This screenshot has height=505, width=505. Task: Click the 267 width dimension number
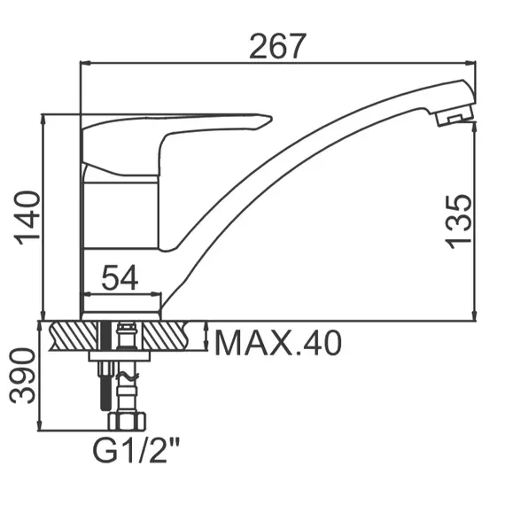pyautogui.click(x=277, y=46)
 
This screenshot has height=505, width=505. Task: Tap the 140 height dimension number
pyautogui.click(x=27, y=218)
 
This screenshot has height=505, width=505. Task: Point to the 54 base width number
pyautogui.click(x=120, y=277)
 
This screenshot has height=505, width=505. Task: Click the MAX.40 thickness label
pyautogui.click(x=277, y=344)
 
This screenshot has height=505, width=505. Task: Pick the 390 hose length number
pyautogui.click(x=22, y=376)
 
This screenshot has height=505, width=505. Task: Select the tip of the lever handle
pyautogui.click(x=271, y=119)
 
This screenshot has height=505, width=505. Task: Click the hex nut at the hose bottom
pyautogui.click(x=127, y=422)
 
